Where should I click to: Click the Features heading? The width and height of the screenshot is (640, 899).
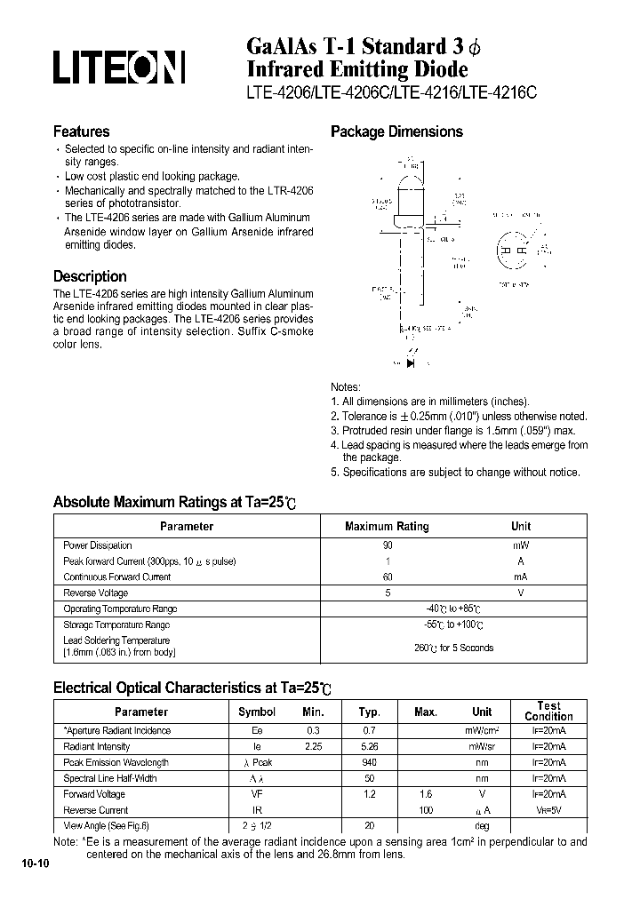[82, 131]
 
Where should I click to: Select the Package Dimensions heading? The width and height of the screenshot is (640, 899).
[396, 131]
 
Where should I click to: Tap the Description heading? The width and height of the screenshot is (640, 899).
[90, 276]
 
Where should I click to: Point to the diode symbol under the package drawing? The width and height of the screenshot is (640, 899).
[411, 362]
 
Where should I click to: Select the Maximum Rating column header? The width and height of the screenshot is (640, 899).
[387, 526]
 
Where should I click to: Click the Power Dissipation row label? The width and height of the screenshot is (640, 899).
[98, 545]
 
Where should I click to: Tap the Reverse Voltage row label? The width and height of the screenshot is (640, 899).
[96, 593]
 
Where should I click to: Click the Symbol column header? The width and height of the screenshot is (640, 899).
[257, 712]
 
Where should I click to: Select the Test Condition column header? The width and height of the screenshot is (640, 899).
[548, 711]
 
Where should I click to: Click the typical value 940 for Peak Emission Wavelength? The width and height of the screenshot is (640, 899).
[370, 762]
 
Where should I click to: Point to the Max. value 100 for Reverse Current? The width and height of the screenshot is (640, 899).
[426, 810]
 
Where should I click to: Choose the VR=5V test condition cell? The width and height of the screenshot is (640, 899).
[548, 810]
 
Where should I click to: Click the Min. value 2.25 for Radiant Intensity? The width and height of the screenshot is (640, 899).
[313, 746]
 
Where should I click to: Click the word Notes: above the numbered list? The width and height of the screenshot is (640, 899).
[346, 387]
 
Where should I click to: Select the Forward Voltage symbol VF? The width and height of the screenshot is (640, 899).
[257, 794]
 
